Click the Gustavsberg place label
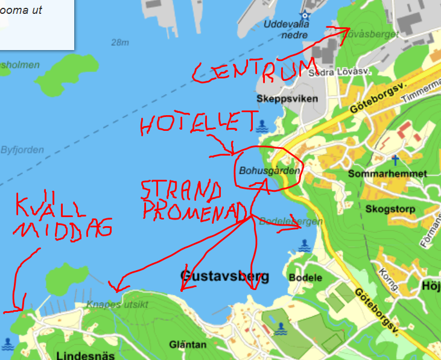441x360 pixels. tap(224, 277)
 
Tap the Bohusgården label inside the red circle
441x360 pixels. tap(268, 171)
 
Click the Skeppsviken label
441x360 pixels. tap(278, 98)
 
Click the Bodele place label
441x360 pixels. tap(305, 278)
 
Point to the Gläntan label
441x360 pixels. tap(188, 345)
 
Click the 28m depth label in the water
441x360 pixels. tap(120, 43)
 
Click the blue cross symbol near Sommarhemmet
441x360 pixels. tap(395, 160)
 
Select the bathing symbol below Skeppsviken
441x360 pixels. tap(261, 125)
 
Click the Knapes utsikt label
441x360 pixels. tap(116, 305)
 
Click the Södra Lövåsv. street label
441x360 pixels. tap(338, 72)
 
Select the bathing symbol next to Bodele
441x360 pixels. tap(305, 245)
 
